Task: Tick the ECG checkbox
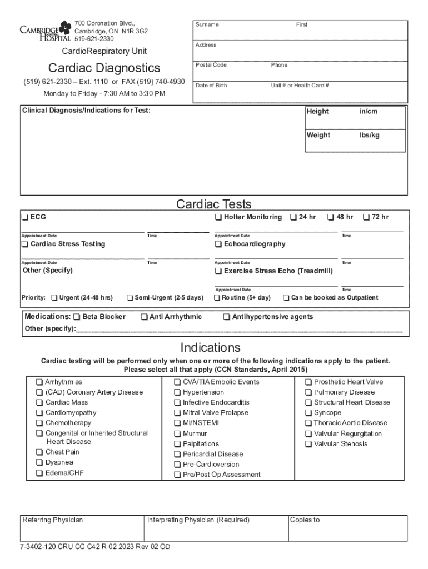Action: [x=25, y=217]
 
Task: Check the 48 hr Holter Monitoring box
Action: [x=330, y=217]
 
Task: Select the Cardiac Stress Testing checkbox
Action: [x=25, y=244]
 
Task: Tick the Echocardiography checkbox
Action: [x=218, y=244]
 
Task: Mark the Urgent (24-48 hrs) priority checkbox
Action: [x=54, y=298]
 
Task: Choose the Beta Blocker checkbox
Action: [x=77, y=317]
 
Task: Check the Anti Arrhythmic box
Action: [x=144, y=317]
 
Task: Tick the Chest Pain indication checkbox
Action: [x=39, y=452]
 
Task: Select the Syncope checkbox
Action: [x=308, y=413]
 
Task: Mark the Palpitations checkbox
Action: [x=177, y=444]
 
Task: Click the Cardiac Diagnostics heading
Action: [x=104, y=68]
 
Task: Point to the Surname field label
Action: [x=207, y=24]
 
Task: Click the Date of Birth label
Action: [x=211, y=86]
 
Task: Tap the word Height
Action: [x=317, y=112]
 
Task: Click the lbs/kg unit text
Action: [x=369, y=136]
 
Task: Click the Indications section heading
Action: [x=210, y=348]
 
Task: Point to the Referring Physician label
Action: [x=52, y=520]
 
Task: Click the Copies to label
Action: [x=305, y=520]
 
